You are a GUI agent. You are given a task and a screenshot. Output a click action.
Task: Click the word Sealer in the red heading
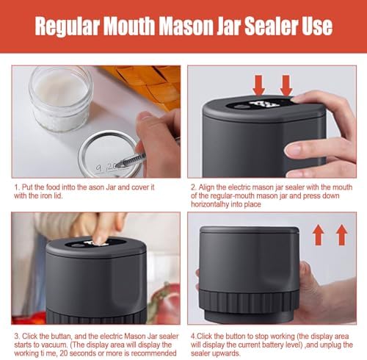click(272, 26)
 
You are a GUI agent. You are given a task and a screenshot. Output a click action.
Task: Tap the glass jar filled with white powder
click(60, 98)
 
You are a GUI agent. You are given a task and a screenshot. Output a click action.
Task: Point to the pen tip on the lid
click(117, 166)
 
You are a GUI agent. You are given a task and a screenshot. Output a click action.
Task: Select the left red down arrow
click(258, 85)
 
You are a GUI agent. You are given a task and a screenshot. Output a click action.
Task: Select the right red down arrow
click(286, 85)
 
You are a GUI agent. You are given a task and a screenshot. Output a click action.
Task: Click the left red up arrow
click(319, 235)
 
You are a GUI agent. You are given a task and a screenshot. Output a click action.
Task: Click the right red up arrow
click(342, 235)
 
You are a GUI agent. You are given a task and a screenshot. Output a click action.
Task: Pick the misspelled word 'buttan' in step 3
click(60, 336)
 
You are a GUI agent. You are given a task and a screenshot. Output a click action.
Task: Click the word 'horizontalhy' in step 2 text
click(210, 204)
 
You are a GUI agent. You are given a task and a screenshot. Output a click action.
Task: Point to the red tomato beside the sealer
click(167, 303)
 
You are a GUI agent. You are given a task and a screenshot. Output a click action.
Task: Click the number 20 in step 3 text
click(64, 353)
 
